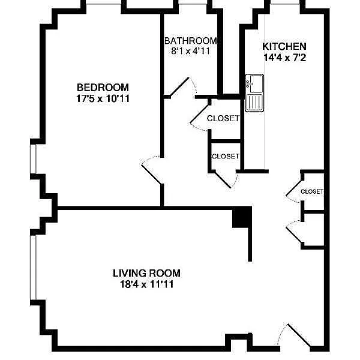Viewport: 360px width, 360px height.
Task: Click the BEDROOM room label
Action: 103,88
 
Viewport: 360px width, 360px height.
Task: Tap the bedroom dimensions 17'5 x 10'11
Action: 103,98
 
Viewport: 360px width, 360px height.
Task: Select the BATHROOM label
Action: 191,41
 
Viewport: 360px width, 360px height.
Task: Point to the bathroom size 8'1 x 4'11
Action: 191,51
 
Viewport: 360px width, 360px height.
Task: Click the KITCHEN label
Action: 284,46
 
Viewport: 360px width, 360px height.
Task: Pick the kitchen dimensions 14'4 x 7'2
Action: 284,58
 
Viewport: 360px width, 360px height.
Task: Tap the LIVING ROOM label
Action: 146,273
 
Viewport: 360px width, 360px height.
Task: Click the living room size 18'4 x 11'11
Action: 146,284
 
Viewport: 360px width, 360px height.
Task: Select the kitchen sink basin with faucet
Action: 254,83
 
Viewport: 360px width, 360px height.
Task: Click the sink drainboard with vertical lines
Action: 254,103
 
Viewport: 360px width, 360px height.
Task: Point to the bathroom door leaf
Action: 179,86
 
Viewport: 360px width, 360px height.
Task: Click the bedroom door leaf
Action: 152,174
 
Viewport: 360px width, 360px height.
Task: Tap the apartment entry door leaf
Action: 299,336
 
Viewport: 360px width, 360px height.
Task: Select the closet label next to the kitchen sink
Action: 223,118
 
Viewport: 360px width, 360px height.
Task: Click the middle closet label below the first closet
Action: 226,157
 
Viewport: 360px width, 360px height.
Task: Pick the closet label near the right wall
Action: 312,191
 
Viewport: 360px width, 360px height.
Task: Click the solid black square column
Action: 242,217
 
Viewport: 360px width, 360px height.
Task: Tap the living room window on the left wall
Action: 33,268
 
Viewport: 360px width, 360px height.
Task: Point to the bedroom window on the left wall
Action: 33,159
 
